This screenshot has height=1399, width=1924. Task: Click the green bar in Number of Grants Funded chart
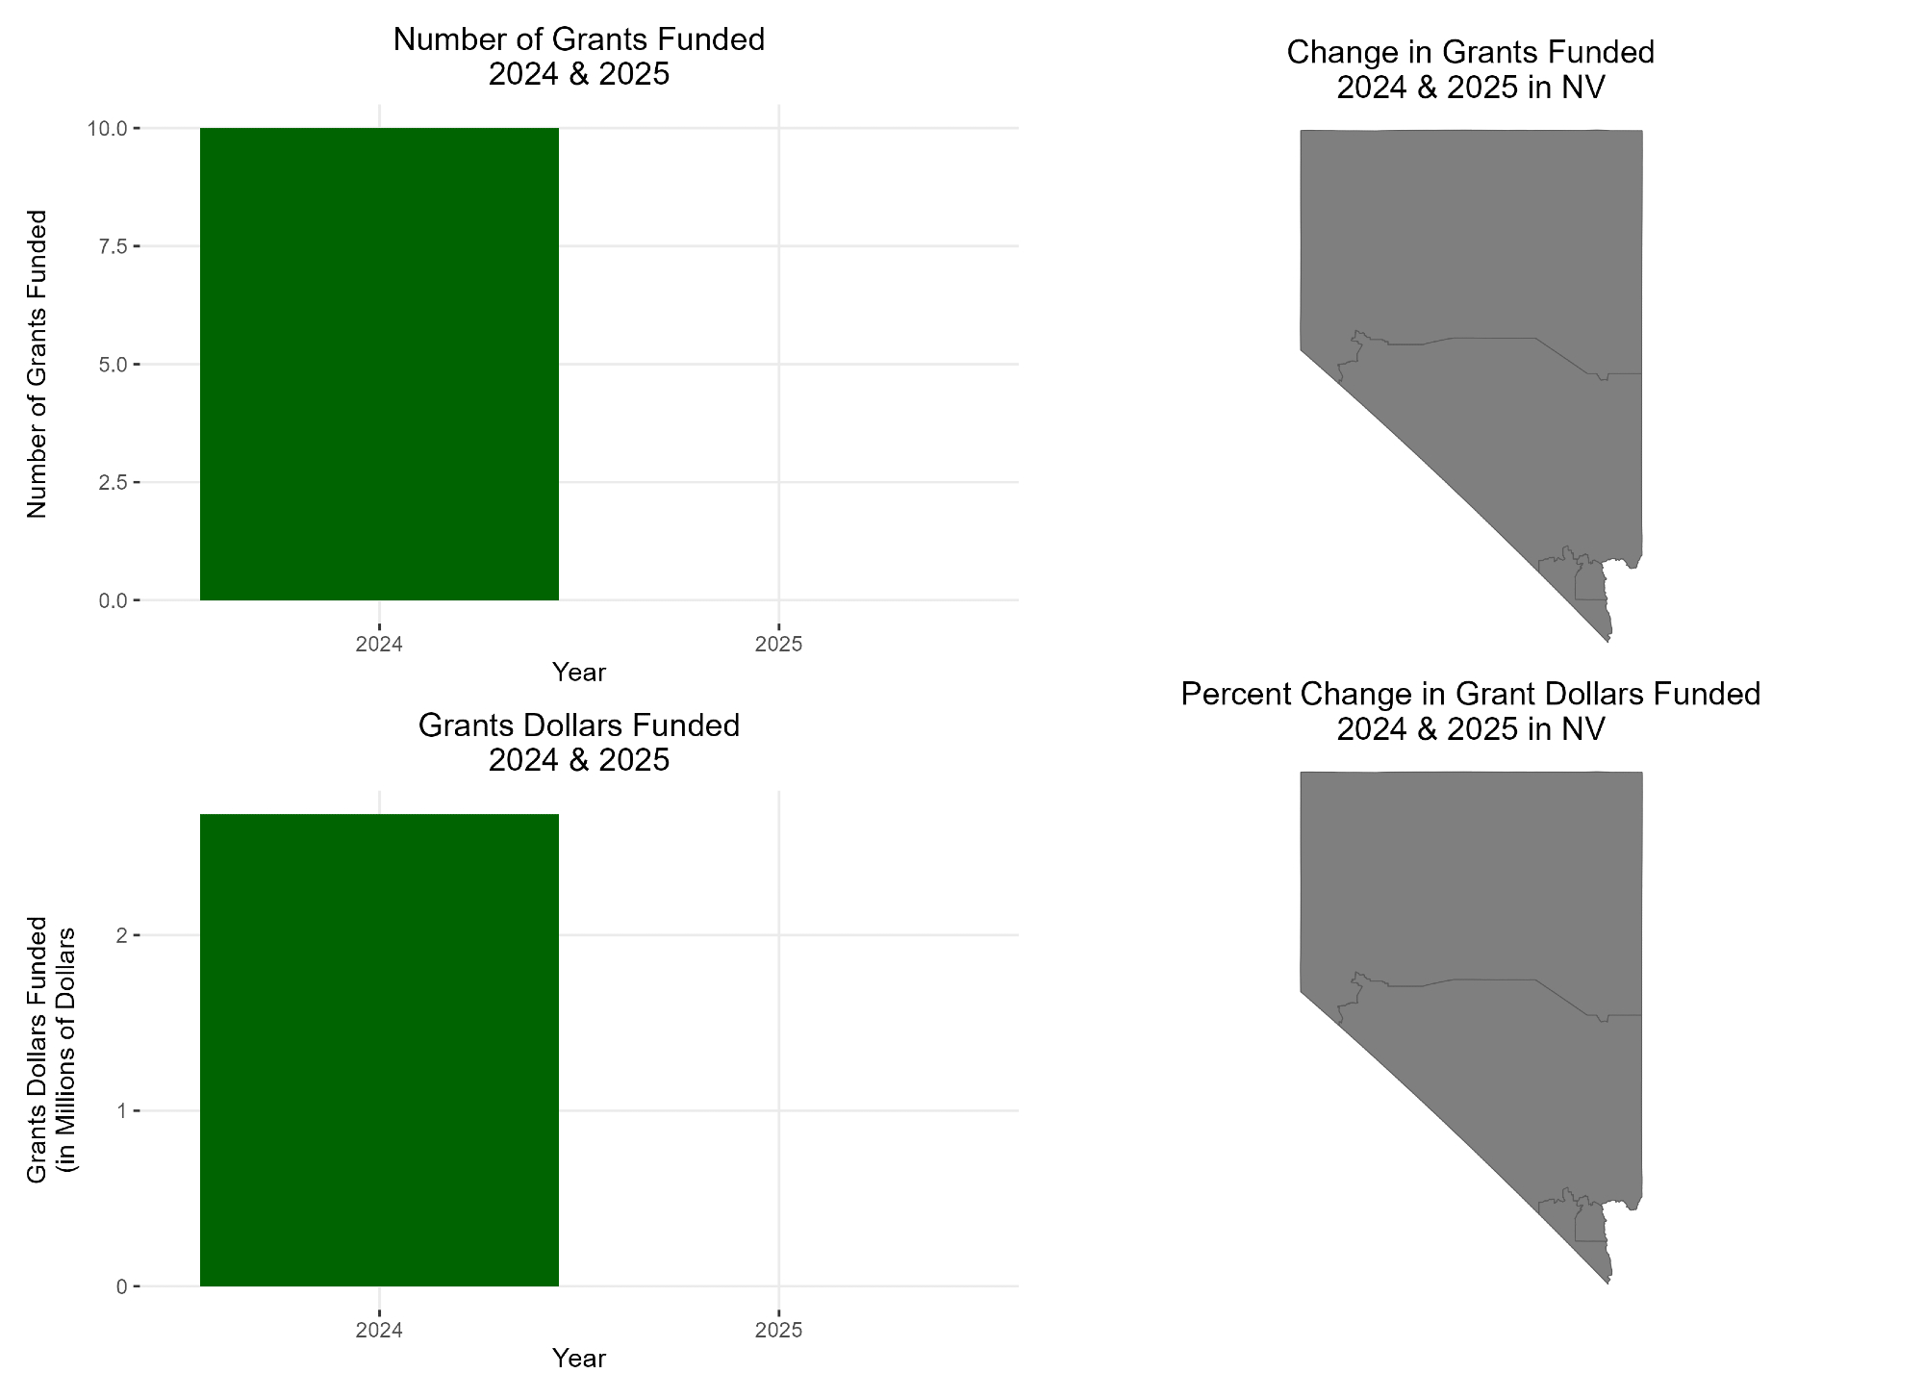pos(379,364)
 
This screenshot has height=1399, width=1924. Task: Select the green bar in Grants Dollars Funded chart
pos(379,1050)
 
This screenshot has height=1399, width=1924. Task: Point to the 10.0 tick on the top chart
pos(108,128)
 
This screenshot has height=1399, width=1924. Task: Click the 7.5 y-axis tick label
pos(114,246)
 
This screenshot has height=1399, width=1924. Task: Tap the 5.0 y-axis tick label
pos(114,365)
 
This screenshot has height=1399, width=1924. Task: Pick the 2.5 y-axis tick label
pos(114,482)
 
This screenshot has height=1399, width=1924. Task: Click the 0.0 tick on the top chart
pos(114,600)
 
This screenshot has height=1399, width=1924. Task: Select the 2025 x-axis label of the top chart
pos(778,644)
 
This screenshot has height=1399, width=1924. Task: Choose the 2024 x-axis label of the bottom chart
pos(379,1331)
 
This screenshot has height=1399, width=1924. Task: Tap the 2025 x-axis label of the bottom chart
pos(778,1331)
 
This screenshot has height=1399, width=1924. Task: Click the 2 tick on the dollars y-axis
pos(122,935)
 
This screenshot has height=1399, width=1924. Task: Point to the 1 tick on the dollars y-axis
pos(122,1111)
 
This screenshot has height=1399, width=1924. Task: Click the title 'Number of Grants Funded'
pos(578,39)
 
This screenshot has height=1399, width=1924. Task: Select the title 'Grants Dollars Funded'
pos(578,725)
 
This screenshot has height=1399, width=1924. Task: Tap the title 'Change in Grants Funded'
pos(1470,52)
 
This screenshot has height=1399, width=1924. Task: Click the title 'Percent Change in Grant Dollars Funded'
pos(1470,694)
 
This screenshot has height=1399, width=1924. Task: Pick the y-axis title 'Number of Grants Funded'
pos(37,364)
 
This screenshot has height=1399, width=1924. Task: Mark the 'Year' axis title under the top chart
pos(578,672)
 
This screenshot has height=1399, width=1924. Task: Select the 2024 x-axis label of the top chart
pos(379,644)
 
